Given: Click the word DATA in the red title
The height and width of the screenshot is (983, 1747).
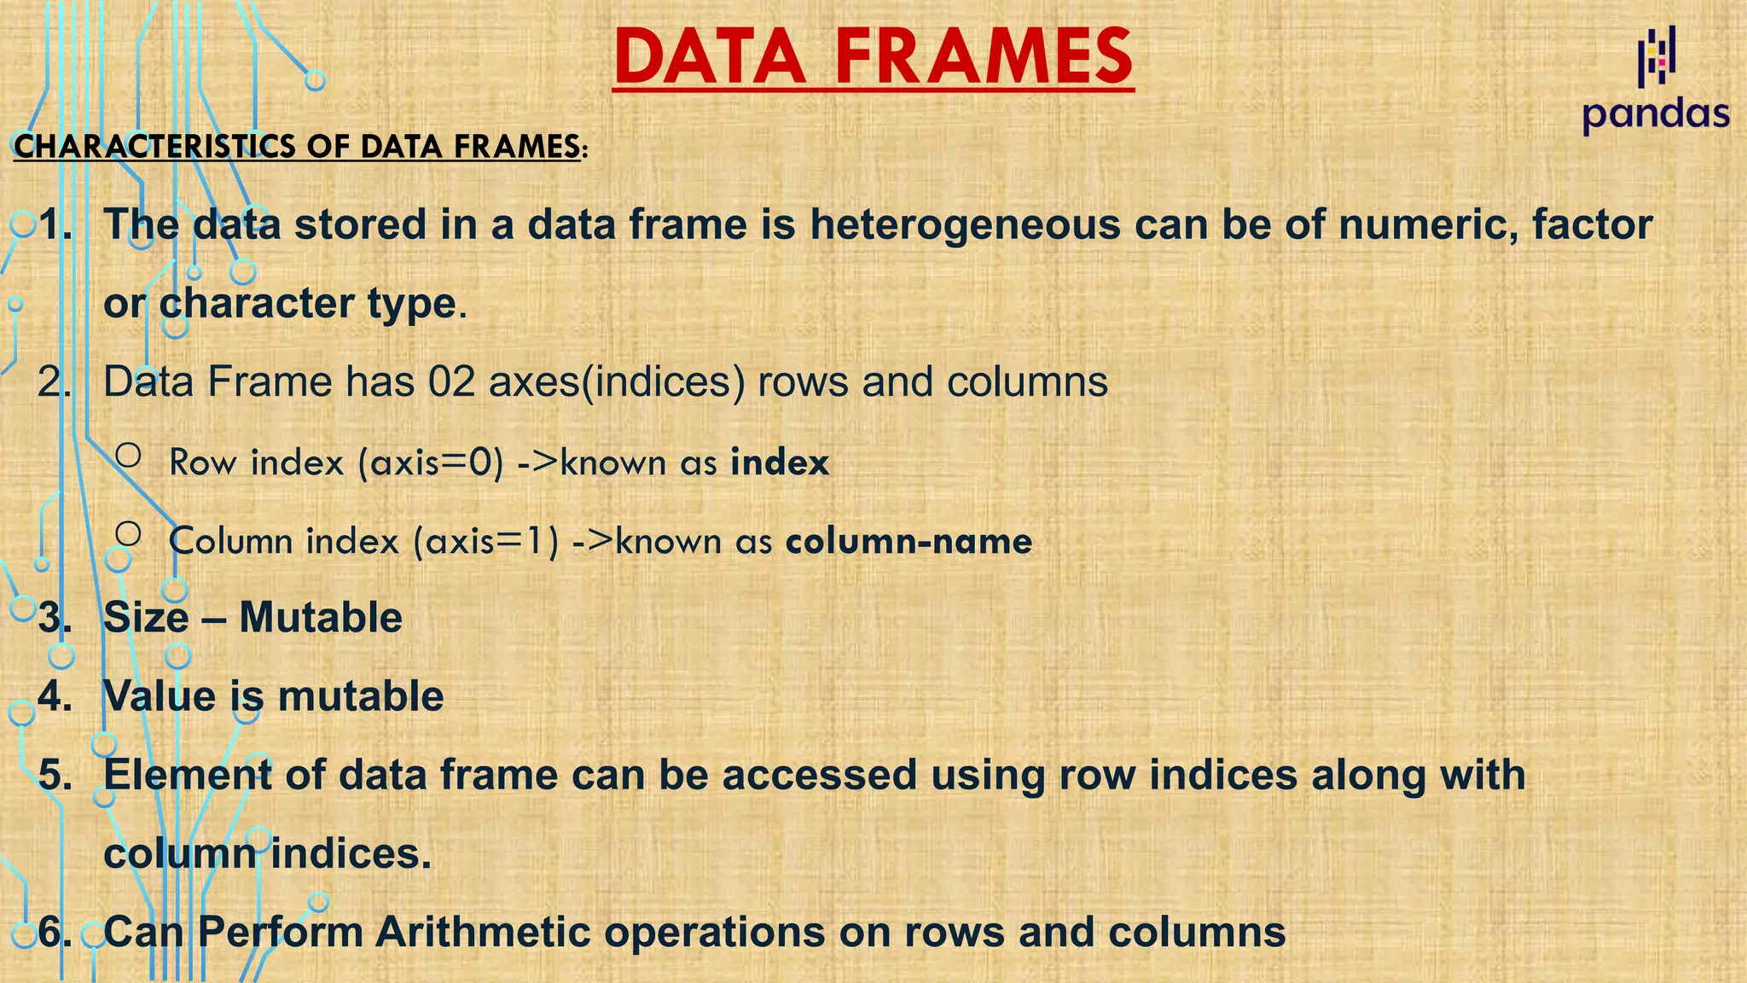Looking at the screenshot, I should point(708,56).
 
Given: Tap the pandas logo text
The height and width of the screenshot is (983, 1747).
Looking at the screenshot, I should point(1655,114).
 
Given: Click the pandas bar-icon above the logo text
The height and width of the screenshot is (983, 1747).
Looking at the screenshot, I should point(1657,56).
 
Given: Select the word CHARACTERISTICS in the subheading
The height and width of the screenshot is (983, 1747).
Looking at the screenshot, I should point(154,147).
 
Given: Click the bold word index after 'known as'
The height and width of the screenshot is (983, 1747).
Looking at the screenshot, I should point(780,462).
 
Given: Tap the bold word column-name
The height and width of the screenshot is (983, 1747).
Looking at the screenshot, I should point(908,541).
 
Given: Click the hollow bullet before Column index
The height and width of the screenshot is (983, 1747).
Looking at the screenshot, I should point(128,534).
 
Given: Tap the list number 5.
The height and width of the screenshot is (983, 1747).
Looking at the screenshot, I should point(55,775).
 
